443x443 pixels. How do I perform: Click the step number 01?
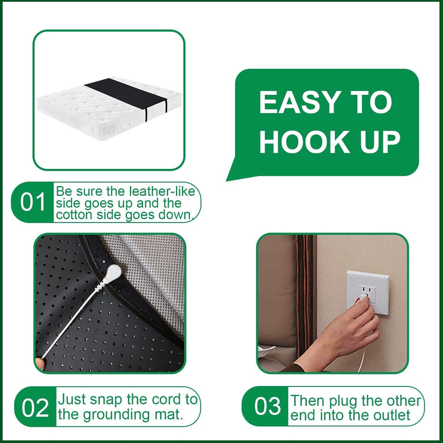33,202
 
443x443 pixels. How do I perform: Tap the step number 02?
35,408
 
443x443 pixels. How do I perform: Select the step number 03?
267,406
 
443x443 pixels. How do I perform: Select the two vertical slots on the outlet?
367,289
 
